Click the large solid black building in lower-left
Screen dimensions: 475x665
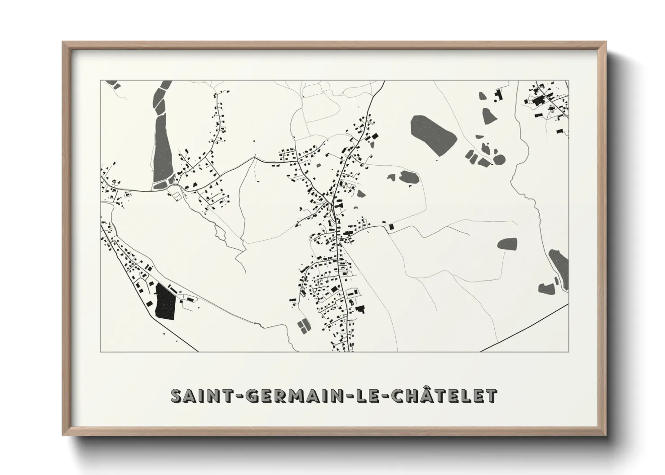coord(164,302)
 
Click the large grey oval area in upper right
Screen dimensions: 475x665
coord(433,131)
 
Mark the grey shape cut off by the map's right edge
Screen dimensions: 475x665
coord(559,265)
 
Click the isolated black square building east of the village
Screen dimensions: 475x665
coord(391,227)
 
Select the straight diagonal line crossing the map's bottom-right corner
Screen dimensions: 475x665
coord(526,327)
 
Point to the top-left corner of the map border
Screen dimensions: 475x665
coord(100,81)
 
